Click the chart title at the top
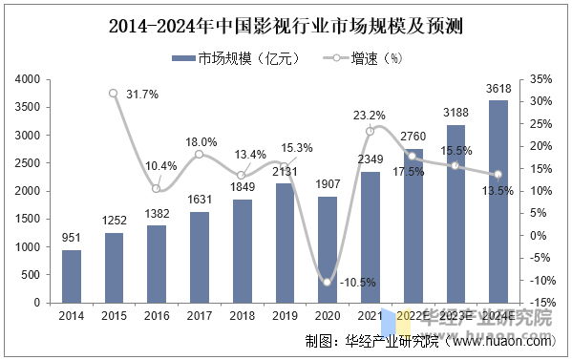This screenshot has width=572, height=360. (x=286, y=25)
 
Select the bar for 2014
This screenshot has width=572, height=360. (x=72, y=276)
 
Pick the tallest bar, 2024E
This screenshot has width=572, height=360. (x=498, y=201)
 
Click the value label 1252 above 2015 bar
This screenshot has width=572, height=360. (x=114, y=221)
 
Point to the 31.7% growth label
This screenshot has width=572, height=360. (x=141, y=94)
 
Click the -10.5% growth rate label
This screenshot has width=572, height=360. (x=358, y=283)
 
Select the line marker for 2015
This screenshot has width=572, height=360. (x=114, y=94)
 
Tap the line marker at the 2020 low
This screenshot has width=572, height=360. (x=328, y=282)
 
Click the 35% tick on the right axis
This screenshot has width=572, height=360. (x=540, y=80)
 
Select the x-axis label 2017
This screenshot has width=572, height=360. (x=200, y=315)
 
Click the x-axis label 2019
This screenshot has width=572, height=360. (x=285, y=315)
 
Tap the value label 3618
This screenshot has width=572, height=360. (x=498, y=89)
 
